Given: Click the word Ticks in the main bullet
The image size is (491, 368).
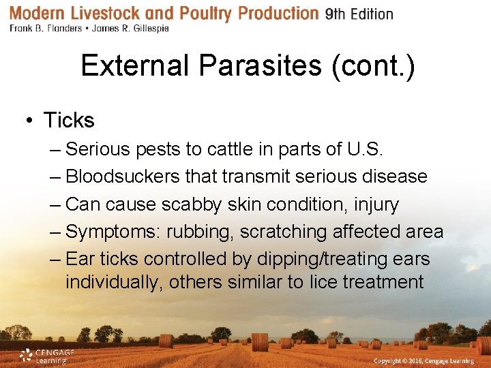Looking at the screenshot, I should [69, 121].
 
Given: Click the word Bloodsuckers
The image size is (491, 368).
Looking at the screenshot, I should [123, 177].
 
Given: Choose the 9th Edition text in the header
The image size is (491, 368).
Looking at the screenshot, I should [359, 14].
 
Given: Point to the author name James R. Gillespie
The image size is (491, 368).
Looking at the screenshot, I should [130, 29].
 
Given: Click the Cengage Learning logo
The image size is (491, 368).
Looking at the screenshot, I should [46, 356].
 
